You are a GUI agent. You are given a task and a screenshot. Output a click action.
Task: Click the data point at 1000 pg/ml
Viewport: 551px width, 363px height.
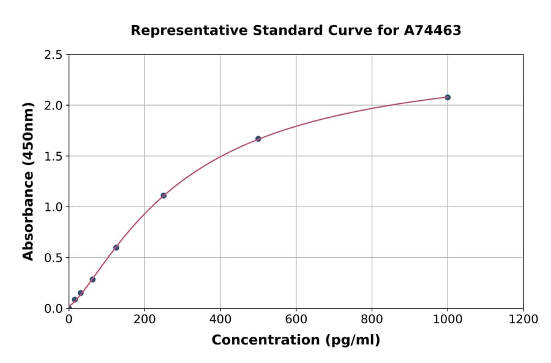click(x=448, y=97)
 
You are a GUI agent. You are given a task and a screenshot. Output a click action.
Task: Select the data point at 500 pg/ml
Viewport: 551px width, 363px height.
click(x=258, y=139)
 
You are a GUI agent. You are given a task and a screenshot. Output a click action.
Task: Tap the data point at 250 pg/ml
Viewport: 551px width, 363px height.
click(x=163, y=196)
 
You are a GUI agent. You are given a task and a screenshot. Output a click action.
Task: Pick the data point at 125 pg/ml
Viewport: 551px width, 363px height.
click(x=116, y=248)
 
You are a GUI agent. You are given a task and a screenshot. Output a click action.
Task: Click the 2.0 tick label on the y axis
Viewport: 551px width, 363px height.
click(x=53, y=106)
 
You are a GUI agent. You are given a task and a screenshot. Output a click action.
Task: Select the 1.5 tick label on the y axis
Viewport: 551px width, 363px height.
click(x=53, y=156)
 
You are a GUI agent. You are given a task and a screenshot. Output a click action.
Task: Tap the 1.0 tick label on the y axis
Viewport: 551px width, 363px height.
click(x=53, y=207)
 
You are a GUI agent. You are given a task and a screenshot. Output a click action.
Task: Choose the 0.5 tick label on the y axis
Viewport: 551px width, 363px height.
click(x=53, y=258)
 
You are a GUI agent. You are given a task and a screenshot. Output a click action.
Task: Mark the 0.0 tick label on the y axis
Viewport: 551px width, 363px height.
click(x=53, y=309)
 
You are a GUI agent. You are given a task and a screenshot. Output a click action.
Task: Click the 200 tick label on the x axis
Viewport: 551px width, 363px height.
click(x=144, y=319)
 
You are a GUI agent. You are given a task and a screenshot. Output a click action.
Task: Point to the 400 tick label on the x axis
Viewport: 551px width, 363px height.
click(x=220, y=319)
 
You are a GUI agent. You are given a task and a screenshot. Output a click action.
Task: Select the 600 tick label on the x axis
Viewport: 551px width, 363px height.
click(x=296, y=319)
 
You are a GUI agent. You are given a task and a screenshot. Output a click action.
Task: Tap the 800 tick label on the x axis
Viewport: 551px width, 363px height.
click(x=372, y=319)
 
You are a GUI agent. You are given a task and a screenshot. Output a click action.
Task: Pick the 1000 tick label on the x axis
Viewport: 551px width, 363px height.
click(x=448, y=319)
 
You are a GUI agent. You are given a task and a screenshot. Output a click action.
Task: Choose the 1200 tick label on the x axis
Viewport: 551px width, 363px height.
click(x=523, y=319)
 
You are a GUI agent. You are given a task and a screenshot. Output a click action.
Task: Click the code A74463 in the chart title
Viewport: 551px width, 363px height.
click(x=432, y=31)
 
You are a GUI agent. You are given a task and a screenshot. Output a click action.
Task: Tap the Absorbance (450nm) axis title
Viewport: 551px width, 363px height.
click(x=28, y=181)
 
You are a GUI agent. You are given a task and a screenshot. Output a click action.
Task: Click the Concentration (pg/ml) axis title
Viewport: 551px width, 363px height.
click(x=296, y=340)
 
